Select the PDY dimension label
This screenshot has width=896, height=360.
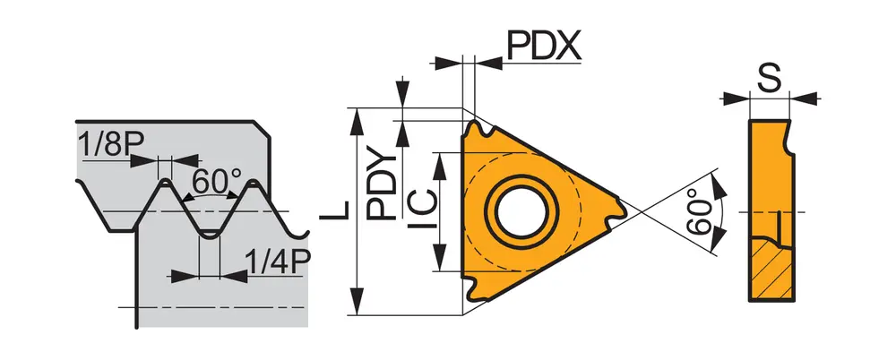pyautogui.click(x=383, y=185)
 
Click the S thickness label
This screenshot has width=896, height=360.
pyautogui.click(x=769, y=78)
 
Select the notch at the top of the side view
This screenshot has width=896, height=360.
pyautogui.click(x=788, y=139)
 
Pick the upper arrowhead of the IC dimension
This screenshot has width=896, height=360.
pyautogui.click(x=439, y=159)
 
